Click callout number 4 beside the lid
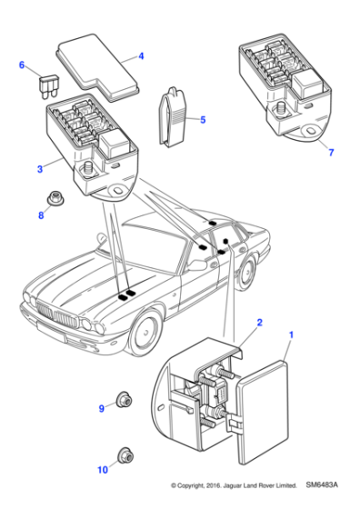(141, 56)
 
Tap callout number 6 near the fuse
(23, 65)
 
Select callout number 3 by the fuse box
(39, 169)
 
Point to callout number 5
(202, 119)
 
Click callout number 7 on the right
(331, 151)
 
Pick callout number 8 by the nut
(40, 215)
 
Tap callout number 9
(101, 409)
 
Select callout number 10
(101, 469)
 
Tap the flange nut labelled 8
(55, 199)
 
